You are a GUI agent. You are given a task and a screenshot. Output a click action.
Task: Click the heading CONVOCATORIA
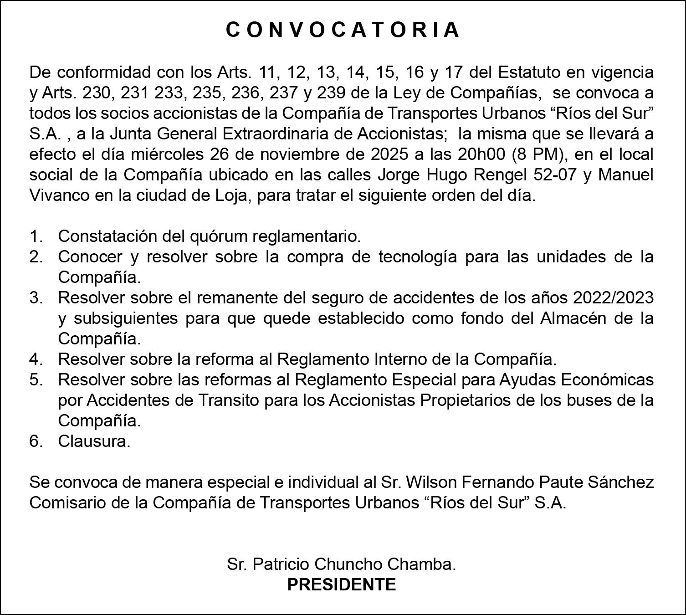click(343, 30)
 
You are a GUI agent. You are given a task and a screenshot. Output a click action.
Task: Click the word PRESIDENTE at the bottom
click(342, 584)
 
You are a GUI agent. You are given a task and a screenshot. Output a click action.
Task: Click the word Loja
click(231, 195)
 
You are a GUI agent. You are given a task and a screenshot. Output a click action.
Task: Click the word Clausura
click(94, 441)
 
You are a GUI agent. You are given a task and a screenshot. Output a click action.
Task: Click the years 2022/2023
click(613, 298)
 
